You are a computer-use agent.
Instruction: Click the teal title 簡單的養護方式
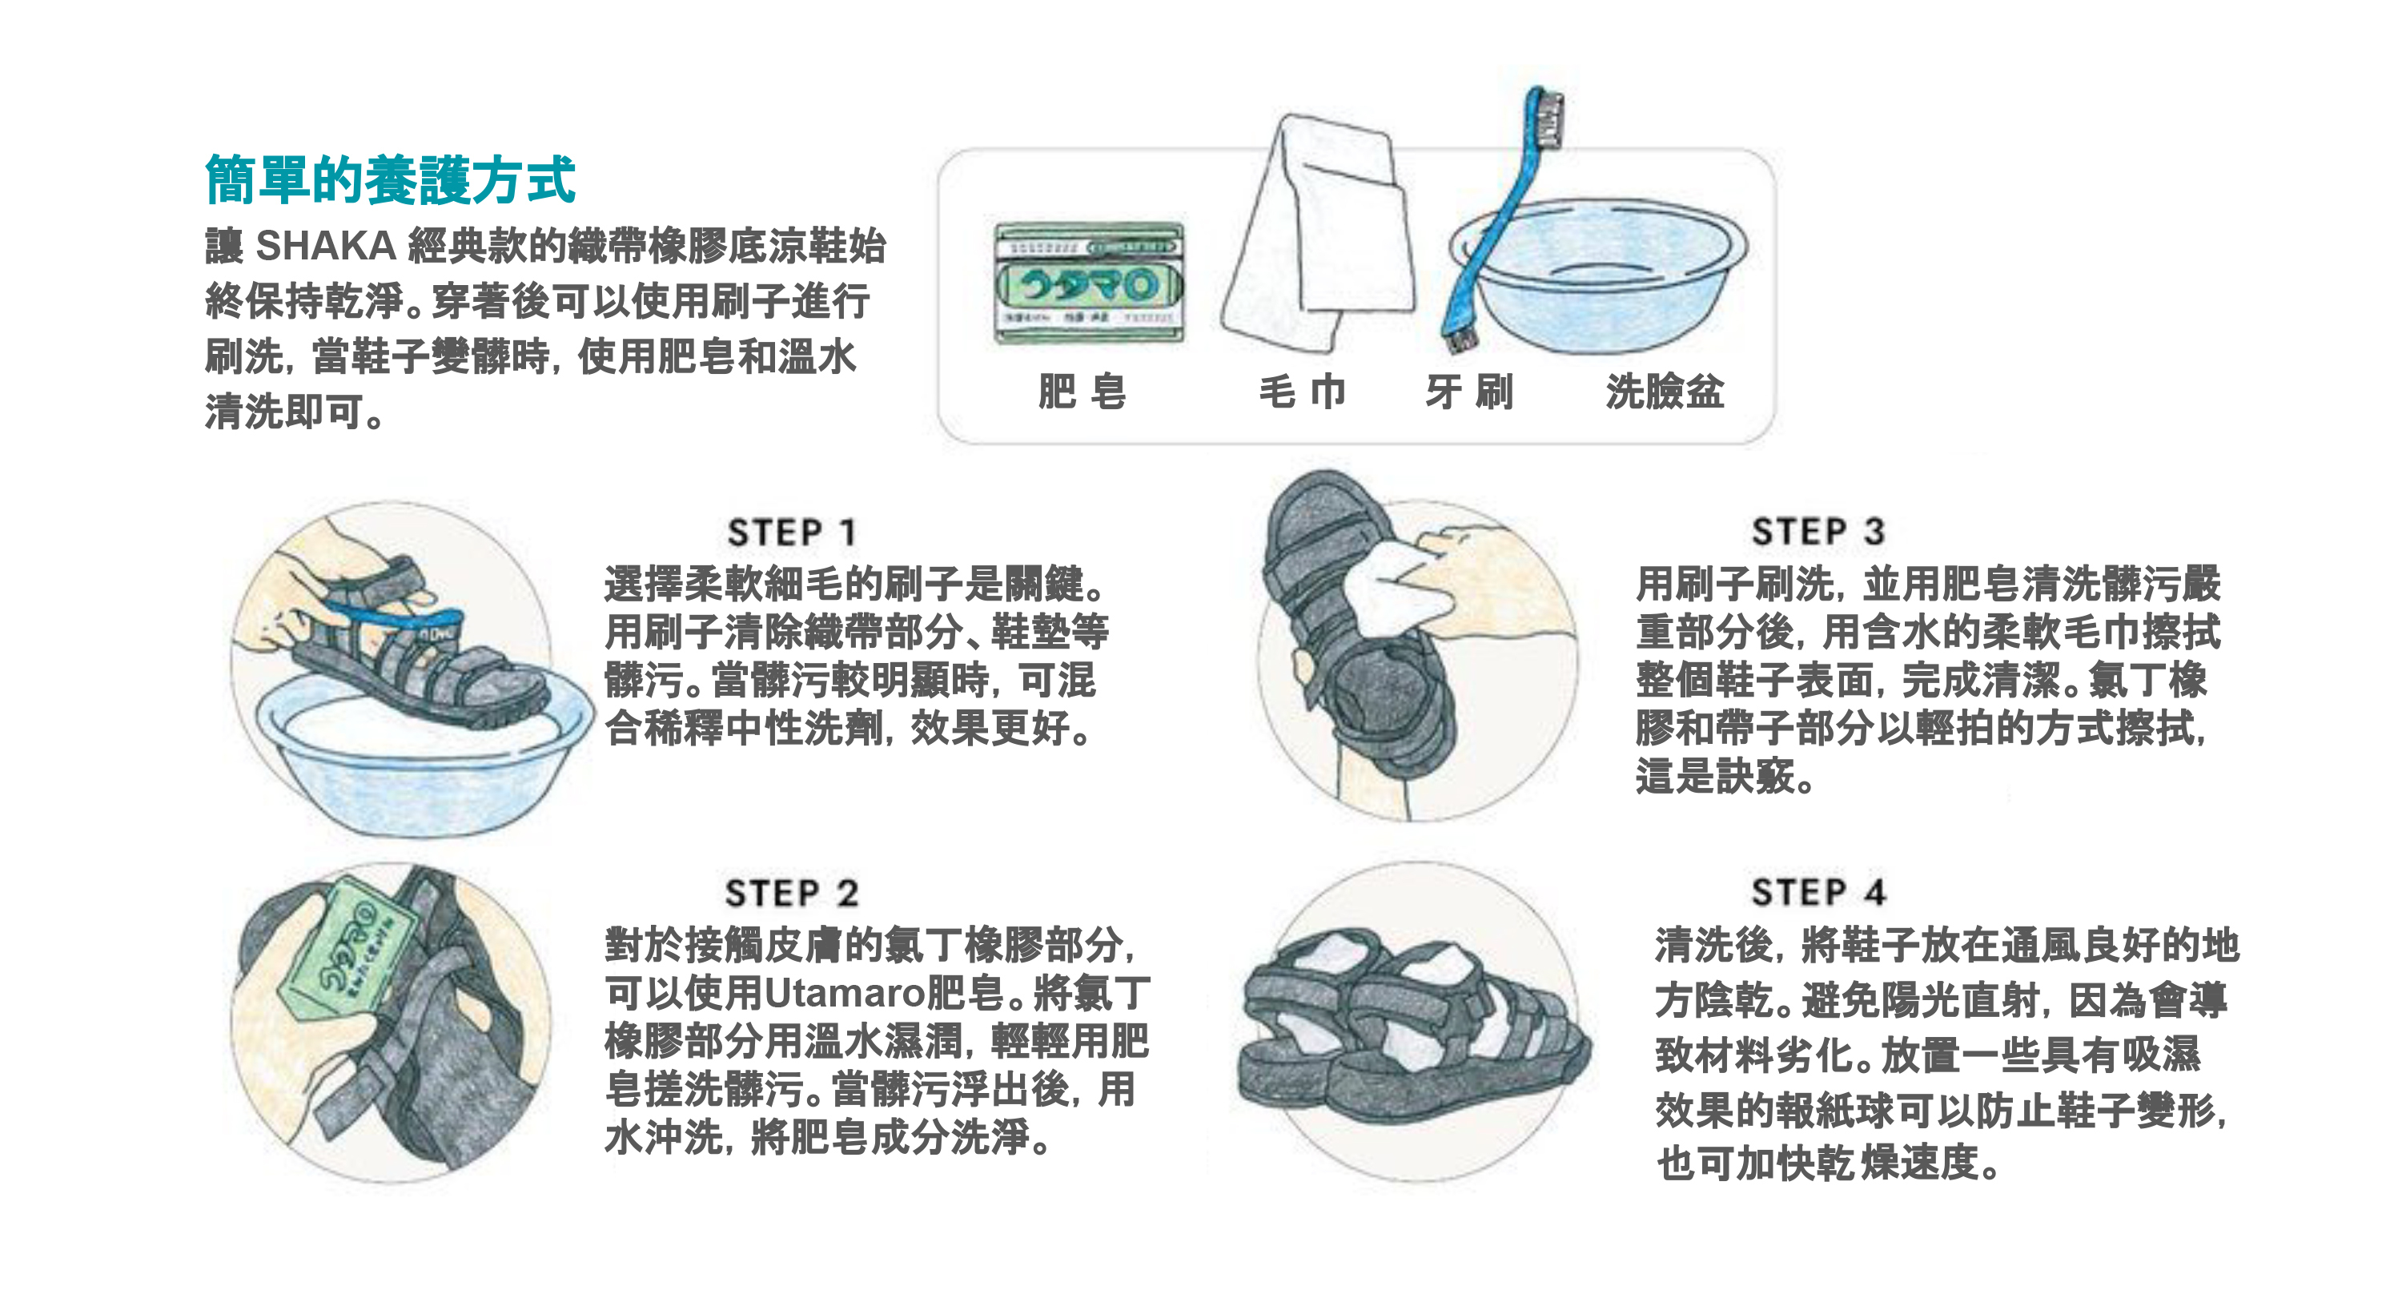[390, 179]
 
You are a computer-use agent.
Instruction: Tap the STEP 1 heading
[792, 532]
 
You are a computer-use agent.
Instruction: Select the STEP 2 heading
[792, 893]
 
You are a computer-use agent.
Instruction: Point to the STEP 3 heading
[1818, 532]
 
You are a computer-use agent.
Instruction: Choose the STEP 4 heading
[1818, 892]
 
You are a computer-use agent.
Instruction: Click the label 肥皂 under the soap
[1082, 391]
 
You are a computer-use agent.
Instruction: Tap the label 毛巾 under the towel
[1303, 391]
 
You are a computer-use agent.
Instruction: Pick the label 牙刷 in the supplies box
[1469, 391]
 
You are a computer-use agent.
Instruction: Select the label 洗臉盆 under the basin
[1665, 391]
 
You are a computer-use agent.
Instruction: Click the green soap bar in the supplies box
[1088, 283]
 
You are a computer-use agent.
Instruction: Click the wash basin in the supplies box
[1598, 274]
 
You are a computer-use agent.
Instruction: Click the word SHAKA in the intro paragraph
[327, 246]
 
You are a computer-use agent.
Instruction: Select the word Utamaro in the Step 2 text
[845, 994]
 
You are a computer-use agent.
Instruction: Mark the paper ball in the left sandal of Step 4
[1324, 960]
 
